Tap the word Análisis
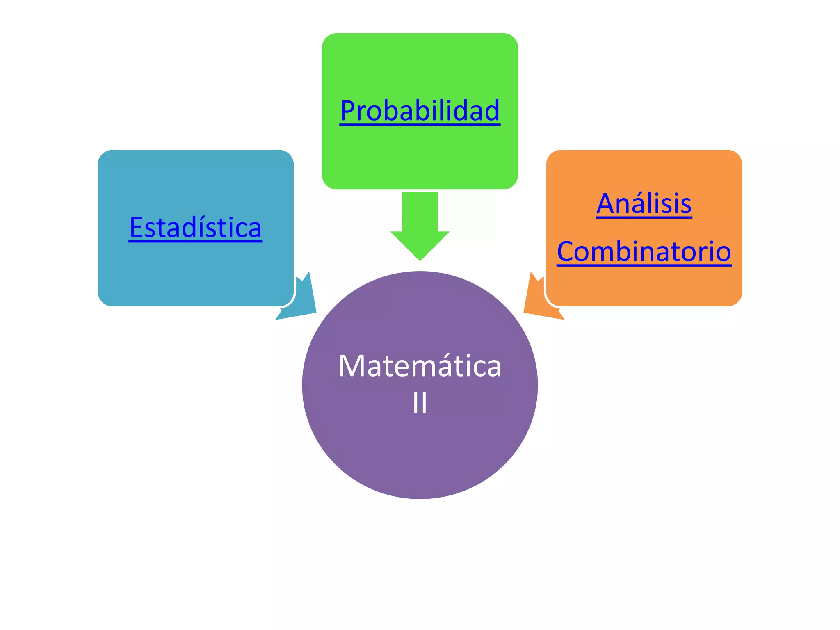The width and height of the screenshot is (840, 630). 644,204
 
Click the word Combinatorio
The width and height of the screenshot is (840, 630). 644,251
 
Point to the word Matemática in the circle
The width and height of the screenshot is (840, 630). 420,366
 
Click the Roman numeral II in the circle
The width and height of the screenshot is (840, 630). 420,403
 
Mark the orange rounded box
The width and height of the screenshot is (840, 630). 644,287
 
